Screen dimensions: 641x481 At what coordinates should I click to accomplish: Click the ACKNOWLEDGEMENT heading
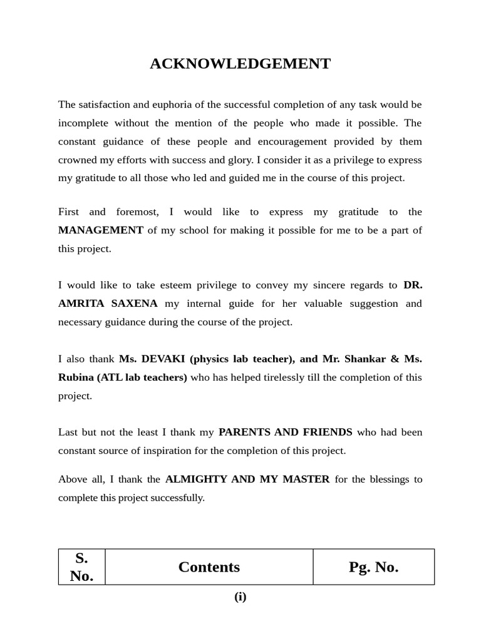tap(240, 64)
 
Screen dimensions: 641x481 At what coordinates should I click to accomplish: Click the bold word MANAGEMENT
tap(101, 230)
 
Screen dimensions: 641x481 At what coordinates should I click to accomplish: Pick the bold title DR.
tap(413, 285)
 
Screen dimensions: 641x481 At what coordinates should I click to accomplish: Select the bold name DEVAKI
tap(163, 359)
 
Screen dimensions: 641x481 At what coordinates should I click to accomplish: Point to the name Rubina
tap(75, 377)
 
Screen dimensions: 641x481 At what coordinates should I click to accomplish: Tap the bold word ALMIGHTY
tap(194, 479)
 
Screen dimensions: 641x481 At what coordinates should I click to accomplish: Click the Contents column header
tap(209, 567)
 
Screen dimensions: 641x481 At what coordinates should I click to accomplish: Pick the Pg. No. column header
tap(373, 567)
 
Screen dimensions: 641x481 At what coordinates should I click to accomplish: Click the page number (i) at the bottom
tap(240, 597)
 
